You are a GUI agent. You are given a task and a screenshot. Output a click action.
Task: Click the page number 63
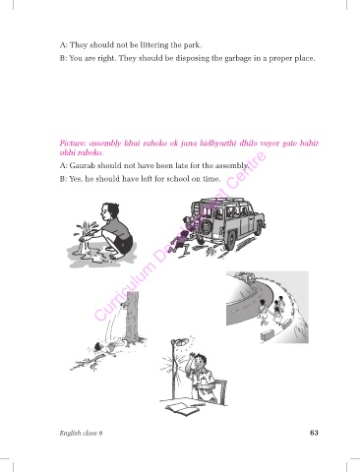point(314,433)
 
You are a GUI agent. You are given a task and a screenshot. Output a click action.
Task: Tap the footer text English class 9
point(81,433)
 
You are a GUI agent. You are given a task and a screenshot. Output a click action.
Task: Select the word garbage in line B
point(238,59)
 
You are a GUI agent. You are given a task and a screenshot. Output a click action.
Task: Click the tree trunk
point(133,318)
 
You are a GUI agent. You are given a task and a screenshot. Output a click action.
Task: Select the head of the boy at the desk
point(201,362)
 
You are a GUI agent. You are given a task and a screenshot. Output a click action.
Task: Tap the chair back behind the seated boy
point(221,390)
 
